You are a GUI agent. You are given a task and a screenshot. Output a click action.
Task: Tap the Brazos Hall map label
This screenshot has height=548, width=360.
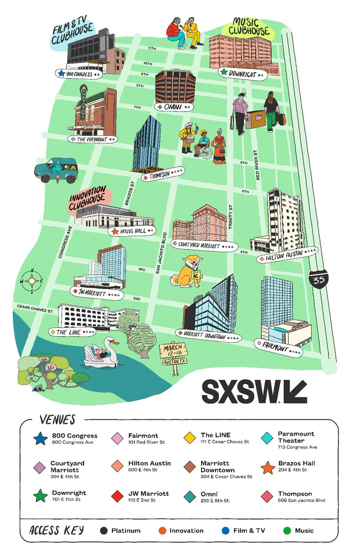click(132, 232)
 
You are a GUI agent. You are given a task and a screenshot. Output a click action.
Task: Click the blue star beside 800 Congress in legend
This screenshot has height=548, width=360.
click(40, 439)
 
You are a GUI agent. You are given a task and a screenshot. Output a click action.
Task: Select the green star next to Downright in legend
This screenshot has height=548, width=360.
click(40, 495)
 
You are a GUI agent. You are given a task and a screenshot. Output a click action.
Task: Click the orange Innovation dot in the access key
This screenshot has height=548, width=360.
click(162, 531)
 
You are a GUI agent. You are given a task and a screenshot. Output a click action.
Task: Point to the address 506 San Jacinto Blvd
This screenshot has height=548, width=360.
click(302, 501)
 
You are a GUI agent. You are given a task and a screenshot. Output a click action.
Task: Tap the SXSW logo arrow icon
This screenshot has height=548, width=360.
click(295, 391)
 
